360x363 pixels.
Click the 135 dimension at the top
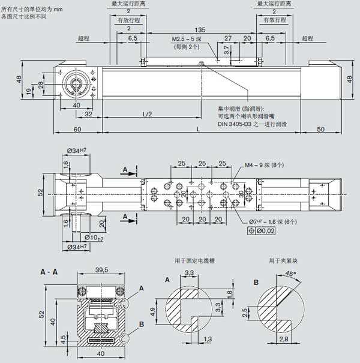[200, 29]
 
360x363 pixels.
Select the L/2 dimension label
[146, 114]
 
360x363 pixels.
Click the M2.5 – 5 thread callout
[188, 38]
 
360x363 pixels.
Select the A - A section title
[50, 272]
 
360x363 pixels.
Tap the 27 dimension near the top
[227, 38]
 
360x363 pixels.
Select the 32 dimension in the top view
[88, 114]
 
